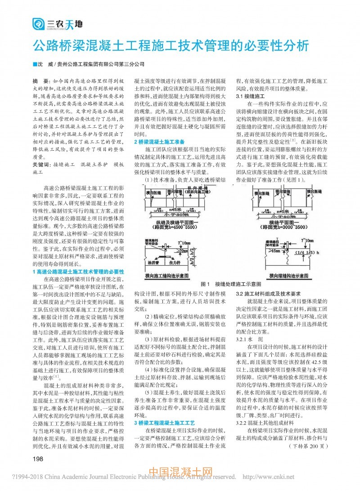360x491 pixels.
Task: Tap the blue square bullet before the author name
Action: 35,64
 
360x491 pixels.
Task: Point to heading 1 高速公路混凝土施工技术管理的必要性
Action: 78,272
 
